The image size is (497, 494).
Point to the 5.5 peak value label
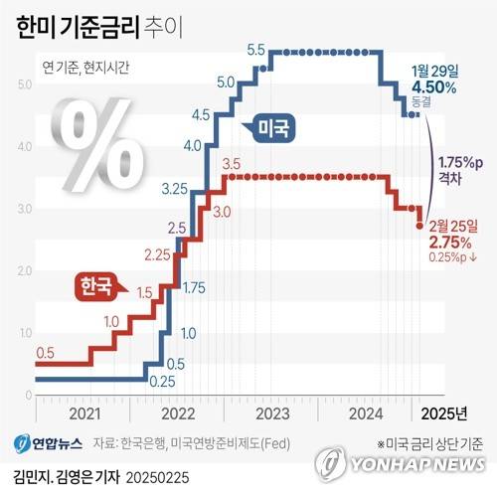(x=254, y=50)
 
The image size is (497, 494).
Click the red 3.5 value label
(x=234, y=163)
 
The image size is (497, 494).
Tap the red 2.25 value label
(x=156, y=255)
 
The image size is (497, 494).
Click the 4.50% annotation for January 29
(x=434, y=86)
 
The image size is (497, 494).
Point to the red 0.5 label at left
(x=45, y=353)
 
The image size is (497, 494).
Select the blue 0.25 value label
(x=161, y=380)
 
